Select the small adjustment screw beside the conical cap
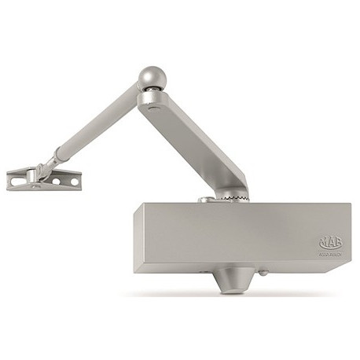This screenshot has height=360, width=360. (x=263, y=274)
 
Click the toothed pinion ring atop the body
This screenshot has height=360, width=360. (x=229, y=197)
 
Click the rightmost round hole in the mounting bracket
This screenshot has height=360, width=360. (x=74, y=182)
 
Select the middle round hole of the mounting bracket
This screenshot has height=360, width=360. (x=56, y=182)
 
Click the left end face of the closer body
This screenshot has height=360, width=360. (x=138, y=239)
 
